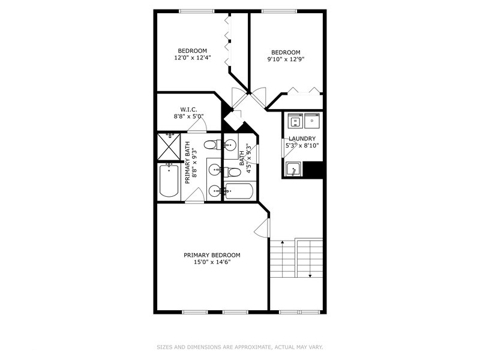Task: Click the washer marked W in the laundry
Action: click(295, 122)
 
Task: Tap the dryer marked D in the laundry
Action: click(313, 122)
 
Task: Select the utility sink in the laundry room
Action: click(293, 170)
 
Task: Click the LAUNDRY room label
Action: click(302, 138)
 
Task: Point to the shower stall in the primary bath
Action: click(169, 145)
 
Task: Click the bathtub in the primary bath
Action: click(169, 182)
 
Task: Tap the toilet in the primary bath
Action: click(210, 144)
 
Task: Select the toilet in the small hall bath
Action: click(234, 172)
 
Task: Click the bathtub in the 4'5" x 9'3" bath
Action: click(239, 192)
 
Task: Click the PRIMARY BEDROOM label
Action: click(212, 255)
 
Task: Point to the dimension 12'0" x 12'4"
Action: click(193, 58)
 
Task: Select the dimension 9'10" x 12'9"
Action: click(286, 59)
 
